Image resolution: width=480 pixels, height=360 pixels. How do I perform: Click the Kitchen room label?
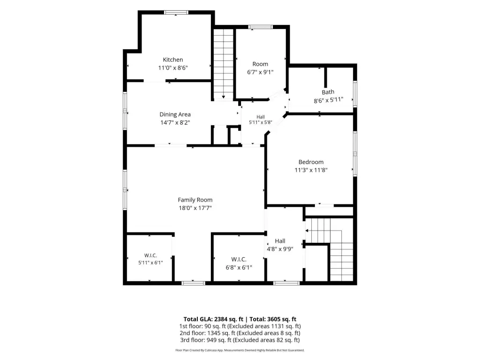pos(173,60)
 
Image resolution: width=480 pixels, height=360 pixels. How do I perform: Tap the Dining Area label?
pos(175,114)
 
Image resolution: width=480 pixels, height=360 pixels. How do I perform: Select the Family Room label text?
pos(195,200)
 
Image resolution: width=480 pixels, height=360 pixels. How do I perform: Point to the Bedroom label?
pos(311,162)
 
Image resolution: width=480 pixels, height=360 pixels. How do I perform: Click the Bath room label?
pos(328,92)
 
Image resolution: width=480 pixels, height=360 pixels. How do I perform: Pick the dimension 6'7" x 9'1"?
pos(260,72)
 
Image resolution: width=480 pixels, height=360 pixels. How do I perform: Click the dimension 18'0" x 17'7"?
pos(195,208)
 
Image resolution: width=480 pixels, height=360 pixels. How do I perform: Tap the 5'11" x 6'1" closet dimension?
pos(150,262)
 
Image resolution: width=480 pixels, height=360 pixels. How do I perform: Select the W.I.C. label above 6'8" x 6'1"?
pos(239,259)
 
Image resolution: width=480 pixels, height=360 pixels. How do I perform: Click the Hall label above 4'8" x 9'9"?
pos(280,241)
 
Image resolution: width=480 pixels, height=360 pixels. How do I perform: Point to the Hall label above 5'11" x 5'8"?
pos(261,117)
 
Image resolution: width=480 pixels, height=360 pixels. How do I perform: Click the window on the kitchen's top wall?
pos(176,13)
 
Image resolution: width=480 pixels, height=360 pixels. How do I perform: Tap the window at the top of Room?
pos(261,27)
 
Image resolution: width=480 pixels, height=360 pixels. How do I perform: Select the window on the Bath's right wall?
pos(355,94)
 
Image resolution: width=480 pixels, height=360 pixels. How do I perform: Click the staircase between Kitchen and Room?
pos(224,64)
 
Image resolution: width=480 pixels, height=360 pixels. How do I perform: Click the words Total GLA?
pos(198,319)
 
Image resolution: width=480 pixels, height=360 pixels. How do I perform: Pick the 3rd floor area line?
pos(240,340)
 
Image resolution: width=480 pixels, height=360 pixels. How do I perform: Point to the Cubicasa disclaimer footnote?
pos(240,350)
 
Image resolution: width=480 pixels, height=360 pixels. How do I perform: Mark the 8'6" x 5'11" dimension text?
pos(329,100)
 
